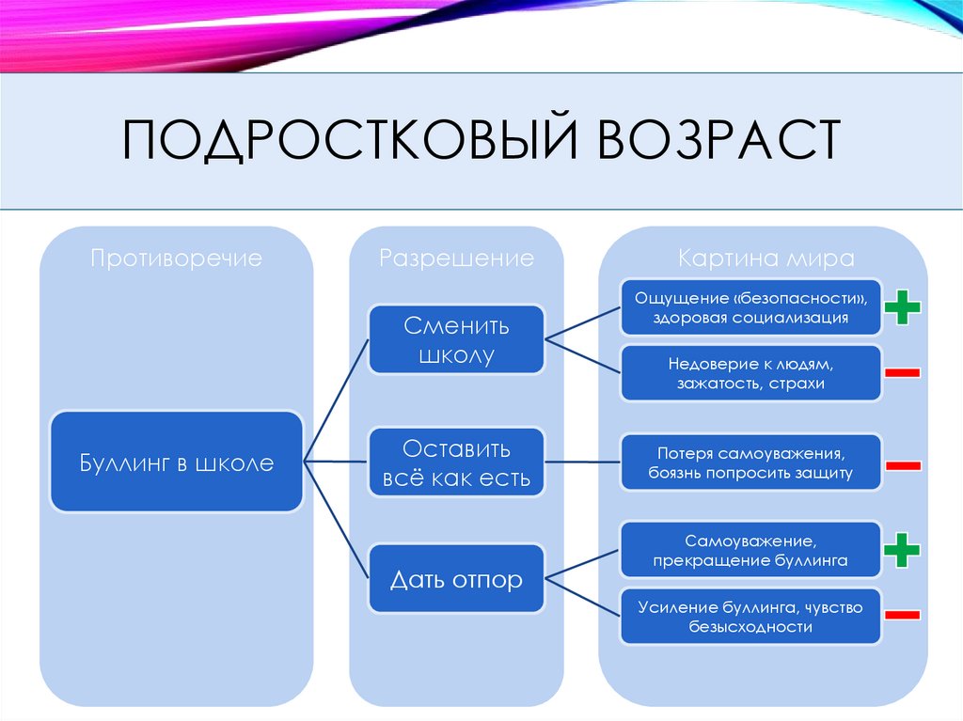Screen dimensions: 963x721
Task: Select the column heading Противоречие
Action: [176, 258]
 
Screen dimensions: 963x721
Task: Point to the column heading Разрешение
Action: [456, 258]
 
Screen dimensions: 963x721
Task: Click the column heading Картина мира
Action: [766, 258]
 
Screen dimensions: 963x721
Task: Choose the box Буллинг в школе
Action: [176, 462]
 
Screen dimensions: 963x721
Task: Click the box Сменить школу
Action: [456, 339]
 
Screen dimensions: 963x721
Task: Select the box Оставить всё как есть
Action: [456, 462]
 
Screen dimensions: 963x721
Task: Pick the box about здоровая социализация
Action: [750, 307]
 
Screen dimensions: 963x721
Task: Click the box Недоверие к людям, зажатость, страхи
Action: [750, 373]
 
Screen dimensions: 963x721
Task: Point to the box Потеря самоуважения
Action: [750, 462]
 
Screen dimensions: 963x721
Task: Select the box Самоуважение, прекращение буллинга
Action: [750, 550]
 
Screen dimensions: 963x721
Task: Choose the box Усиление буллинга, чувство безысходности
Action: [750, 617]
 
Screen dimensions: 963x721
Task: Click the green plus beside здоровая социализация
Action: [903, 307]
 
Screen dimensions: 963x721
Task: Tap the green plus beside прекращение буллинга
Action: [903, 550]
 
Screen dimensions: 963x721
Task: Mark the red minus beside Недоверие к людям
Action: [903, 373]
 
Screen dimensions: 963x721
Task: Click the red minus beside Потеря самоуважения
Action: [903, 464]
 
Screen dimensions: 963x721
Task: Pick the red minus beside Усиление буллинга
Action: [903, 615]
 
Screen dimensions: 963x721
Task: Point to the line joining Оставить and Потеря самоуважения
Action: [583, 462]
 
